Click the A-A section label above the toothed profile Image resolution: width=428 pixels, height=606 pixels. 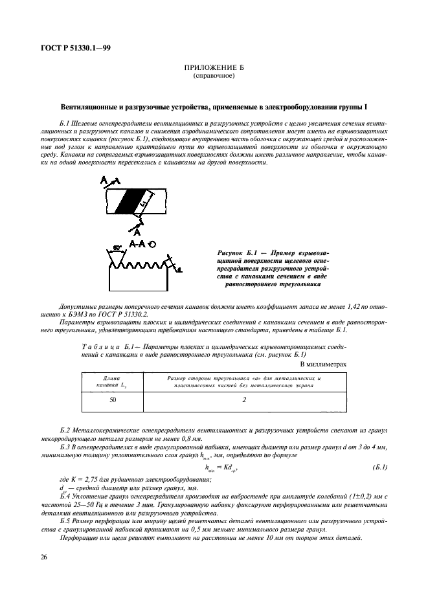click(137, 244)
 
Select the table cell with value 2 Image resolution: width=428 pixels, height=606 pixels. click(244, 400)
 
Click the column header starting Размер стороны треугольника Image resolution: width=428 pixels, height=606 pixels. click(244, 381)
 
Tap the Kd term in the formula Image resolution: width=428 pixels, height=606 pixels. click(230, 467)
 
